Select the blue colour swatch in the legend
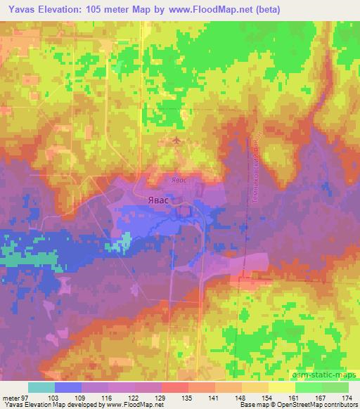click(68, 387)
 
